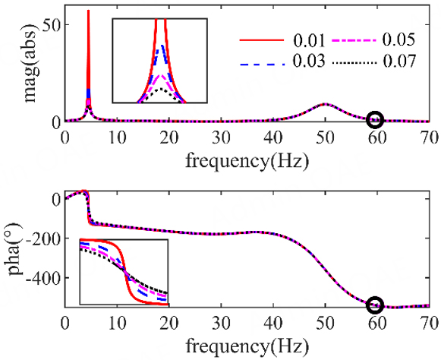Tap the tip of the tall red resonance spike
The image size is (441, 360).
[89, 11]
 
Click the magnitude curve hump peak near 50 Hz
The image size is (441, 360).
[326, 104]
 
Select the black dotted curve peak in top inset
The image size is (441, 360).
[159, 88]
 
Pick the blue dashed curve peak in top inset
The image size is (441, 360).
[159, 47]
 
